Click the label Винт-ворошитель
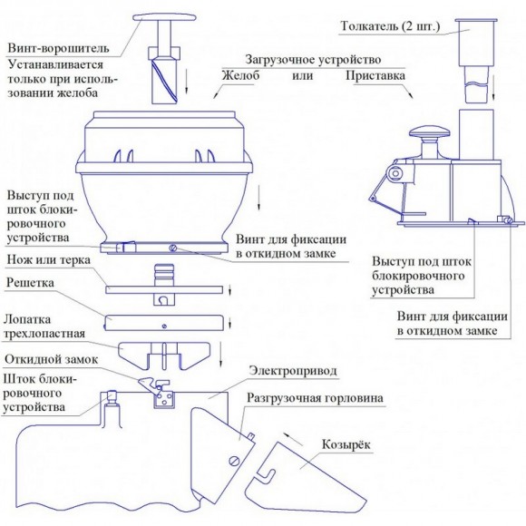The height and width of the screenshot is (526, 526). (x=58, y=48)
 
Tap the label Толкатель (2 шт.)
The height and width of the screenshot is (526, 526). (x=390, y=26)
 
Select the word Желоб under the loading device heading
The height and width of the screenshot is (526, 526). (x=241, y=75)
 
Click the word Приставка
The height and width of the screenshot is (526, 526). (x=375, y=75)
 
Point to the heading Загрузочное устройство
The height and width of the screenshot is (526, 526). (x=313, y=59)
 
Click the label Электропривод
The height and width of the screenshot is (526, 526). (x=293, y=371)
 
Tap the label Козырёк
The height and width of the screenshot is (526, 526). (x=346, y=444)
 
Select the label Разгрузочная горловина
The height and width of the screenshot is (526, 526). (x=315, y=398)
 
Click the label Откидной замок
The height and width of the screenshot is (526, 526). (x=52, y=359)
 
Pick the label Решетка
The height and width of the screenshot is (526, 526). (x=30, y=282)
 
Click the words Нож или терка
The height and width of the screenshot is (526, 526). (x=49, y=260)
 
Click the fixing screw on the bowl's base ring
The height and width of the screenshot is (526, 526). (x=172, y=248)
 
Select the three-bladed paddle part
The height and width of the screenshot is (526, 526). (x=164, y=356)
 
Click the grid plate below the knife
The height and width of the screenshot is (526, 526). (x=164, y=323)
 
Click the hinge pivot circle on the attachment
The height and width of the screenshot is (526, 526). (x=395, y=173)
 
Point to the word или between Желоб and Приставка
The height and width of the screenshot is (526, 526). (x=302, y=75)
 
